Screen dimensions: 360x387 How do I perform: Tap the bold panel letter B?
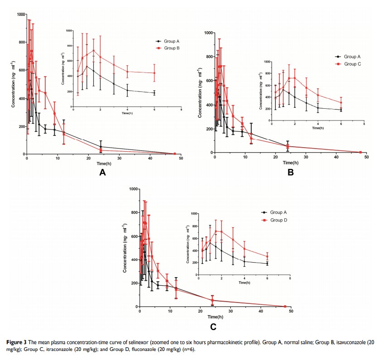291,172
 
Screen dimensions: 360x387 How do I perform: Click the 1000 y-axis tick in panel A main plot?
21,14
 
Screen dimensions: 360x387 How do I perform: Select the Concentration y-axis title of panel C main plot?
125,248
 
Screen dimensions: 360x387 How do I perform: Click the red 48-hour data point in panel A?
175,154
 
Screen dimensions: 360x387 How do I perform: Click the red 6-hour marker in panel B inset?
341,102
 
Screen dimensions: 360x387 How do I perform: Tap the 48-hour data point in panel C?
285,307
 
